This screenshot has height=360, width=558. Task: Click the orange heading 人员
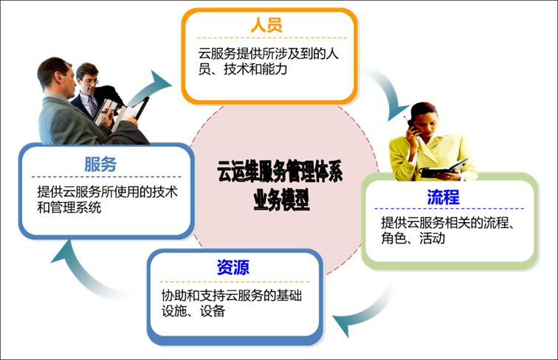266,26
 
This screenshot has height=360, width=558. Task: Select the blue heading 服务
100,165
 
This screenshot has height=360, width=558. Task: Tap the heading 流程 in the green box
443,197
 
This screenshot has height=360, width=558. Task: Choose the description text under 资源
232,303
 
